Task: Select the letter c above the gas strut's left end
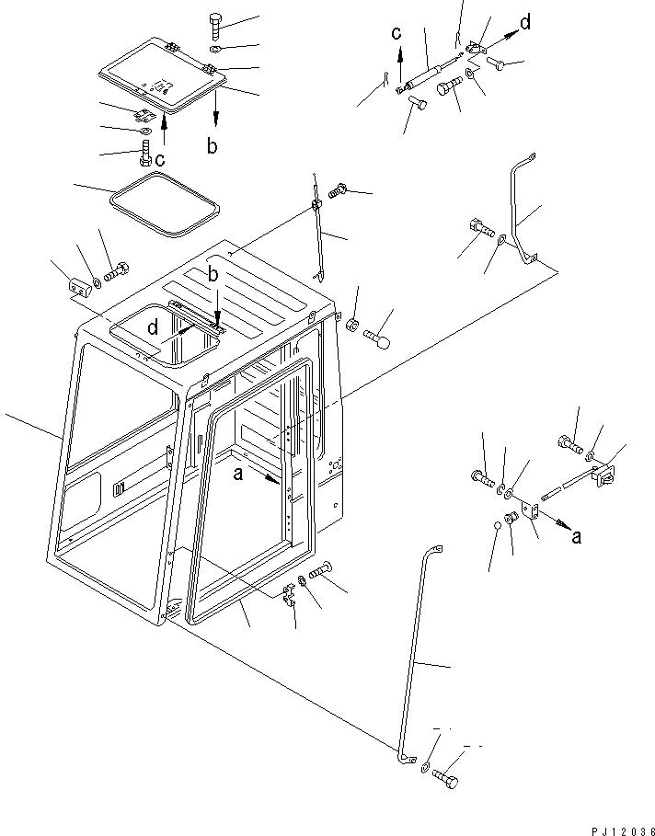click(396, 35)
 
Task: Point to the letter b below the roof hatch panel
click(213, 146)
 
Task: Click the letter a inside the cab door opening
click(239, 473)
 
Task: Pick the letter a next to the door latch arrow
click(576, 537)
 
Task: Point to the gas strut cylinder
click(431, 72)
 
